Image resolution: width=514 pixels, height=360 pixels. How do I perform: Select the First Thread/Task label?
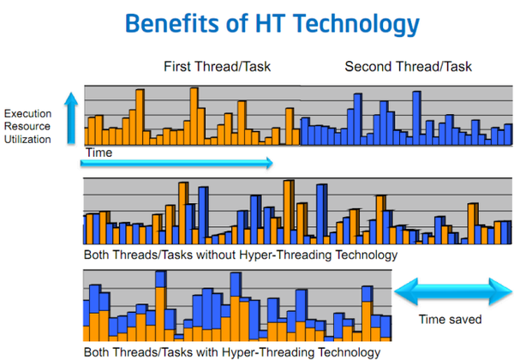tap(211, 67)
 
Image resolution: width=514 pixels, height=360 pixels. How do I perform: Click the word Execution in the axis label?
tap(27, 113)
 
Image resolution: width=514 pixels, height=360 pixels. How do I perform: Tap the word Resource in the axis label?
tap(27, 125)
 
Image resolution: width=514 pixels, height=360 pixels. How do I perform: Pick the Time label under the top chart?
tap(99, 151)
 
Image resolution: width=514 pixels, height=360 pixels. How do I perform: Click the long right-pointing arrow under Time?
tap(180, 161)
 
